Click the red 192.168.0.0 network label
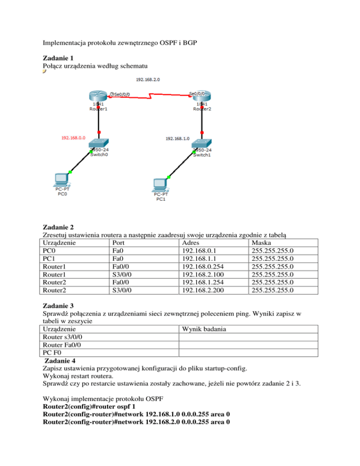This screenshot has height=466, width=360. (x=73, y=138)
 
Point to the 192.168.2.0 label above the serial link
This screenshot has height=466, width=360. (x=148, y=79)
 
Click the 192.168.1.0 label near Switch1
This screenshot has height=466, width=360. (x=177, y=138)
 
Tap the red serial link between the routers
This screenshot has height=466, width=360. (x=150, y=98)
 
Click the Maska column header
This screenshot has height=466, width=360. (x=261, y=243)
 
